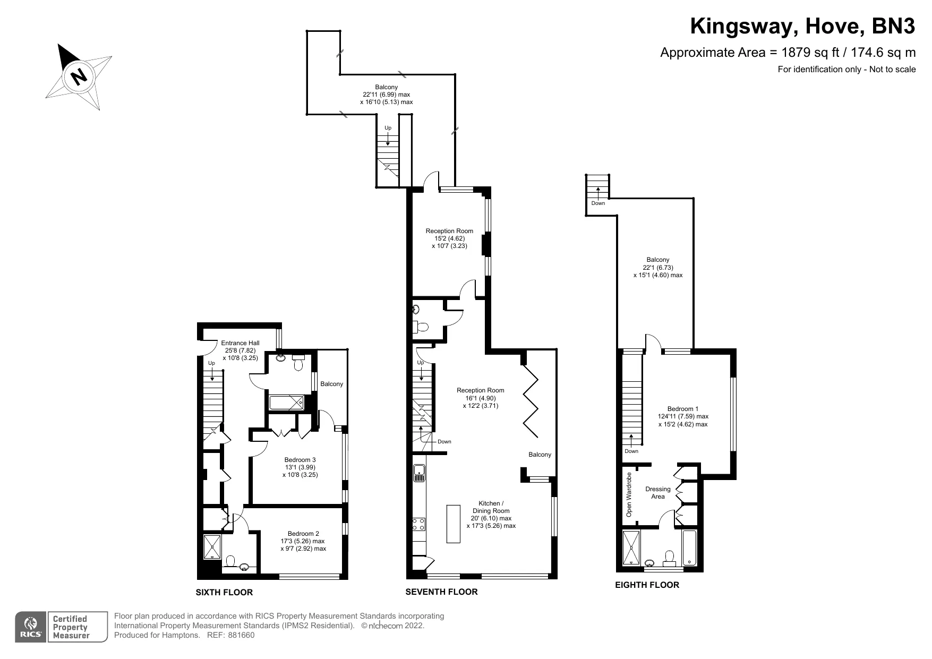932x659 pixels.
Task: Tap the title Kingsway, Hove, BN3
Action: (x=802, y=27)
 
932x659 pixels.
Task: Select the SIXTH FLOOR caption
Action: (x=224, y=592)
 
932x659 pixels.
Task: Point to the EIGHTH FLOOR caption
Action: (x=647, y=585)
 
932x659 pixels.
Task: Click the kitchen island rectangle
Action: (x=453, y=524)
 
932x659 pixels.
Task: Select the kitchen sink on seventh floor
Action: (x=419, y=472)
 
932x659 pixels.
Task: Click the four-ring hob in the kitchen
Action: (x=418, y=524)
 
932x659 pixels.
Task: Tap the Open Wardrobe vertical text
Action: (x=629, y=495)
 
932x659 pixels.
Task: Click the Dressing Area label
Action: (x=657, y=492)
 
